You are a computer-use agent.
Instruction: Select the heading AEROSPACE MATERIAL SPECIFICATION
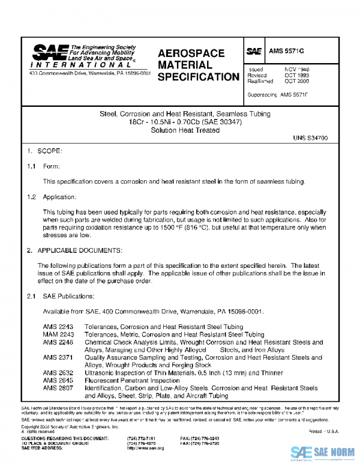point(199,65)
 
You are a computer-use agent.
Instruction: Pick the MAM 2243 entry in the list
point(58,334)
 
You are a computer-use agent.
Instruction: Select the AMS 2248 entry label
point(58,342)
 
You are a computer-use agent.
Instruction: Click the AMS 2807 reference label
point(58,389)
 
